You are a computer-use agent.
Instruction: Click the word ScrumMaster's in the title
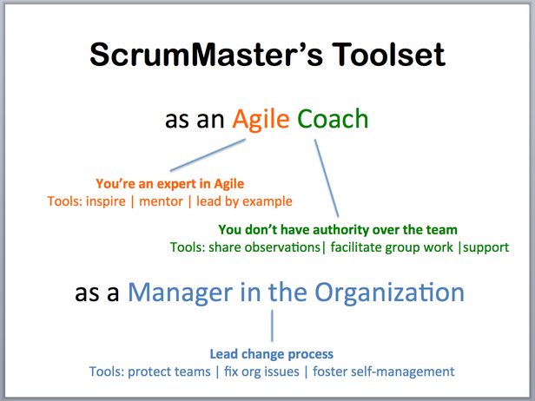206,54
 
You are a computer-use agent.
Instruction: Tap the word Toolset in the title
388,54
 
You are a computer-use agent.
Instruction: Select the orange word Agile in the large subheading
261,120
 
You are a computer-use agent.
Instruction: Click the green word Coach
333,119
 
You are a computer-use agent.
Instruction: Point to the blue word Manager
180,293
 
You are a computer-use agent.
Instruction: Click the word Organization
389,293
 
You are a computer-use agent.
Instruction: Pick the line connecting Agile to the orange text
208,154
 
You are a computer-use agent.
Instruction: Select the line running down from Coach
327,178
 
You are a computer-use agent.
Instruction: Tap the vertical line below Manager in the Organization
272,325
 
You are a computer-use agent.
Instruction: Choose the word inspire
106,201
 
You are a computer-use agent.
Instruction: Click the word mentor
161,201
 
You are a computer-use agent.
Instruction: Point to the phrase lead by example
244,201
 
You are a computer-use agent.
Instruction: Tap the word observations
282,247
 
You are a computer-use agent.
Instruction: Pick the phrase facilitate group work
392,247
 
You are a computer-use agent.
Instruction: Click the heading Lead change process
272,354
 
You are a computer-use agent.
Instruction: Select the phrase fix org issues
261,371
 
